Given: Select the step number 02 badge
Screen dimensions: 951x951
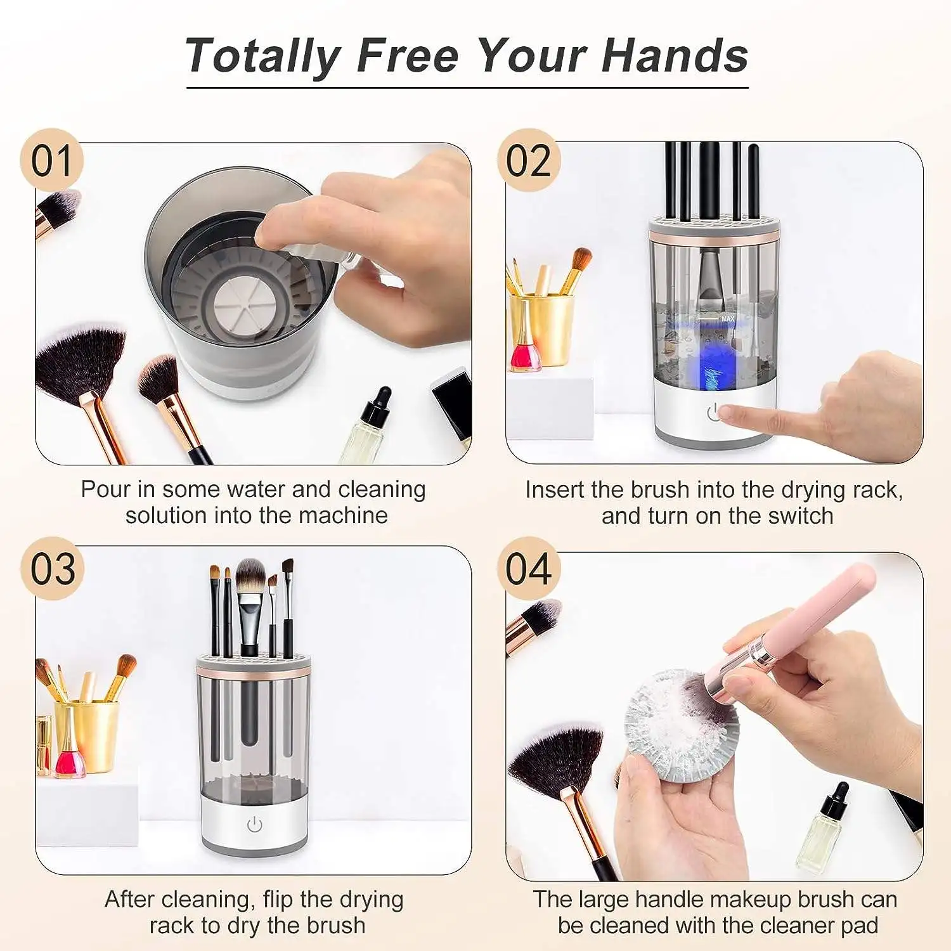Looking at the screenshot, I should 528,161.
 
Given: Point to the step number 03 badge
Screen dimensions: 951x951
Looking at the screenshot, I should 52,569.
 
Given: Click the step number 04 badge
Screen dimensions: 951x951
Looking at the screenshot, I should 528,569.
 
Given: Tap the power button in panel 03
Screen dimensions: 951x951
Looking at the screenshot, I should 254,825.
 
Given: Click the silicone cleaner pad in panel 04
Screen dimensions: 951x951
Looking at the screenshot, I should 678,729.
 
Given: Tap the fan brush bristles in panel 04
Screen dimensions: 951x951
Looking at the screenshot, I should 558,761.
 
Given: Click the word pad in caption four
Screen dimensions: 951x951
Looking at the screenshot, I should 858,926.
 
